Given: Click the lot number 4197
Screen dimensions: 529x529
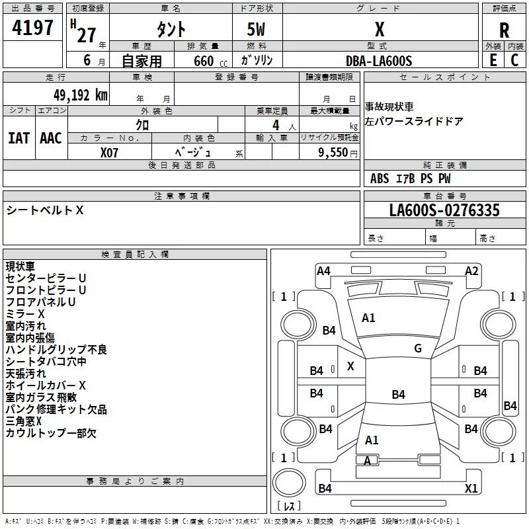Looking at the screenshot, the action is pyautogui.click(x=32, y=28).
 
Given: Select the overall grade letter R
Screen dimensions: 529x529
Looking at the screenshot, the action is pyautogui.click(x=504, y=30).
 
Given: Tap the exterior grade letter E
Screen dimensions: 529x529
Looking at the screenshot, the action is pyautogui.click(x=493, y=60).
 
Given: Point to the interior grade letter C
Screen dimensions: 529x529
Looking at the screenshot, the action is pyautogui.click(x=514, y=60).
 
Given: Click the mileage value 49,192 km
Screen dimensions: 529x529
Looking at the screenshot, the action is pyautogui.click(x=81, y=95).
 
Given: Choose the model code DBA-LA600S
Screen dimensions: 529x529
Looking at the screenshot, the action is pyautogui.click(x=379, y=61).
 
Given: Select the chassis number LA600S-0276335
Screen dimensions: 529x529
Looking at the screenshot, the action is pyautogui.click(x=444, y=210).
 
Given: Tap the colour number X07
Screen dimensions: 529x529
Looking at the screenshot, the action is pyautogui.click(x=109, y=153).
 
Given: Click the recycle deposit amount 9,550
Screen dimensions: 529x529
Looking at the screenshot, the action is pyautogui.click(x=333, y=153).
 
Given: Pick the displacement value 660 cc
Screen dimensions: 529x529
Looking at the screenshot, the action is pyautogui.click(x=210, y=61).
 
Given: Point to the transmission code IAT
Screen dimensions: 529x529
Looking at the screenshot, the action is pyautogui.click(x=19, y=138).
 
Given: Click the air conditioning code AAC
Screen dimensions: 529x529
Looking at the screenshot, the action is pyautogui.click(x=51, y=138).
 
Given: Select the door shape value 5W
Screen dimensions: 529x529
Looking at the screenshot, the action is pyautogui.click(x=256, y=29).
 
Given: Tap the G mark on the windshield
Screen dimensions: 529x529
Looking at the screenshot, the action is pyautogui.click(x=418, y=348).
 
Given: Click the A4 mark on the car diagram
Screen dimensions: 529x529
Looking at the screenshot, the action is pyautogui.click(x=323, y=271).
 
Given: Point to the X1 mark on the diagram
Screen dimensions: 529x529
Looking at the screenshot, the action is pyautogui.click(x=471, y=488).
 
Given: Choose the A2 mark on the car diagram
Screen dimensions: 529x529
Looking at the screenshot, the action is pyautogui.click(x=471, y=271).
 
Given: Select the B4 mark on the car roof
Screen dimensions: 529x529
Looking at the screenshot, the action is pyautogui.click(x=399, y=394).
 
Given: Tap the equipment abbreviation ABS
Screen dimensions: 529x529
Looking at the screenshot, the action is pyautogui.click(x=380, y=179).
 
